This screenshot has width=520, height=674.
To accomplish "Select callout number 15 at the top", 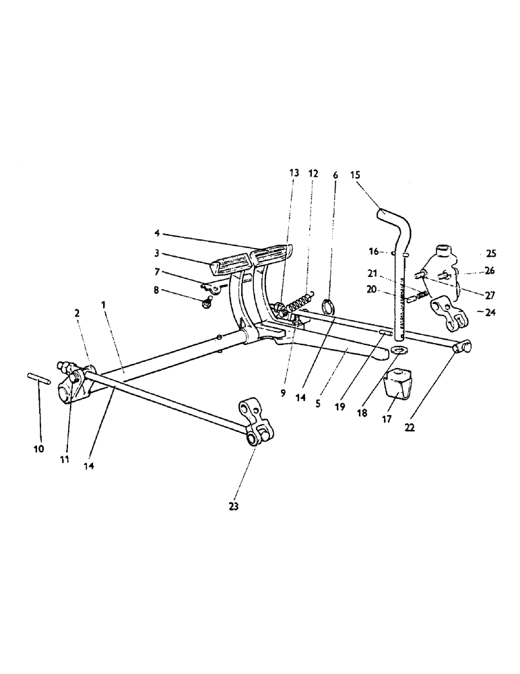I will point(356,174).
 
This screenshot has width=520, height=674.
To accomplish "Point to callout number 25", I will point(490,254).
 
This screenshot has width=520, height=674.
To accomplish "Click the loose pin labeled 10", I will point(38,377).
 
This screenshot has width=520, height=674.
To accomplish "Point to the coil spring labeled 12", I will point(300,302).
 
